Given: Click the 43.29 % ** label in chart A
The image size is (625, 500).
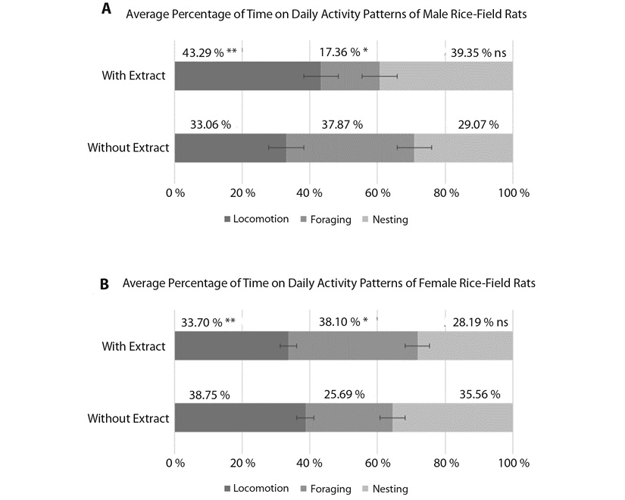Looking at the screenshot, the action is point(210,52).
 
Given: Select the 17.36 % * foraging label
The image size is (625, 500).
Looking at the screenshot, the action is point(344,52).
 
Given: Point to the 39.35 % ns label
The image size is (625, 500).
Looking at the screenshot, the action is point(478,52).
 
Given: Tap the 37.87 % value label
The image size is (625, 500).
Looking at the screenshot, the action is point(342,125).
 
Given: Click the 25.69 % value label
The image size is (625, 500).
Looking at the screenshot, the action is point(344,395).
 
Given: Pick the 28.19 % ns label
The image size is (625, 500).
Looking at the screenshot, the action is point(480,322).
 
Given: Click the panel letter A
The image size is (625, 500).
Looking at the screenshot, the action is point(106,8).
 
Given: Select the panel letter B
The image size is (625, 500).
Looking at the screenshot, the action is point(104,284).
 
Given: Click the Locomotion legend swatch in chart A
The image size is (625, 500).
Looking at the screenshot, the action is point(227,219).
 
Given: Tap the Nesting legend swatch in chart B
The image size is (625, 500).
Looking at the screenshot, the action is point(365,489).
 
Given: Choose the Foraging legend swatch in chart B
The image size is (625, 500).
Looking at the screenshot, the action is point(304,489).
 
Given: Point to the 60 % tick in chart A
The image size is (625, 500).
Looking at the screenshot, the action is point(377,193).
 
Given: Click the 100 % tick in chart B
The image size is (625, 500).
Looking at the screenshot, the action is point(514,463).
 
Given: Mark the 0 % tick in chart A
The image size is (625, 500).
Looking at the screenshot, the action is point(175,193).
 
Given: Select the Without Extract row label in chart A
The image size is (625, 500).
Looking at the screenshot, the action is point(128,148).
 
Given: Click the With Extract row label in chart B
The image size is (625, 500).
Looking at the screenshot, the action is point(133,346).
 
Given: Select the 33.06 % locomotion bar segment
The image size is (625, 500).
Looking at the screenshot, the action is point(230,148).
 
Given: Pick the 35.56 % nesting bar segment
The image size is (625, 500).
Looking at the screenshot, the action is point(452,417).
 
